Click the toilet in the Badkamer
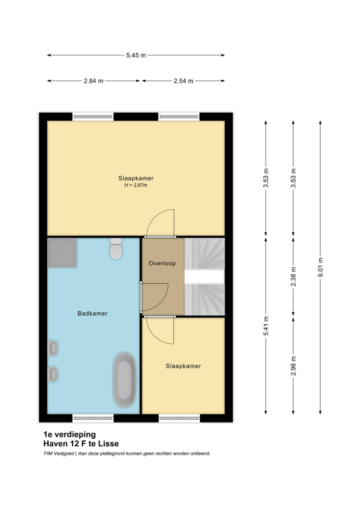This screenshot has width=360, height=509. pos(116,249)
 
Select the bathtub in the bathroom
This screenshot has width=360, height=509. pos(124,380)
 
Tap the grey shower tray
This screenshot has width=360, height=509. pos(62,253)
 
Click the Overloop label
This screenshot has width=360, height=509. pos(162,263)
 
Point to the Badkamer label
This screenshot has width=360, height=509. pos(92,313)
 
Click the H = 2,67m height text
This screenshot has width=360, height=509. pos(136,185)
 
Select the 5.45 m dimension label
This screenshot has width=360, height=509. pos(136,55)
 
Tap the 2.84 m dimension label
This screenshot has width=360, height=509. pos(93,81)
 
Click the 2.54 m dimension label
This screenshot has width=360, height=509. pos(183,81)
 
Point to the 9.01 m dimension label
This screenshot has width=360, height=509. pos(321,267)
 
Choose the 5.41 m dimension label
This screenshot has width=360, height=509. pos(266,326)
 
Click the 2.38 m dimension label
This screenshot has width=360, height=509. pos(293,277)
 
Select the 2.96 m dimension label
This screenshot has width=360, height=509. pos(293,366)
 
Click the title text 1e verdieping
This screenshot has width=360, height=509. pos(69,434)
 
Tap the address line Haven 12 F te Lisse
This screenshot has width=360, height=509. pos(81,443)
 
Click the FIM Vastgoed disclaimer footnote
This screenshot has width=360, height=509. pos(127,454)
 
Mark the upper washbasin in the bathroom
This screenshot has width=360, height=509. pos(53,348)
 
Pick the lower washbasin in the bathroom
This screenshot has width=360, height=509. pos(53,374)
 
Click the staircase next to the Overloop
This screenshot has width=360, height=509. pos(205,277)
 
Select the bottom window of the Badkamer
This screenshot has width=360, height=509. pos(93,418)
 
